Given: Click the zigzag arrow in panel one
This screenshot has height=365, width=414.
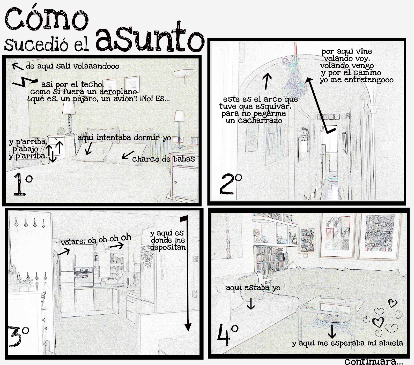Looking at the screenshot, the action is coord(25,82).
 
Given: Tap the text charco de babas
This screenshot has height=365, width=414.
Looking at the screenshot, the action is coord(163,159).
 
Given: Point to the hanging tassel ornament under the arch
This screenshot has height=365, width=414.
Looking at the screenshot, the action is coord(295,75).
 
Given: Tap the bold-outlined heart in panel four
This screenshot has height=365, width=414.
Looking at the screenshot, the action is coord(378,322).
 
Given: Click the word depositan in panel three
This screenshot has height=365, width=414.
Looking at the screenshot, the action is coord(168,247).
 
